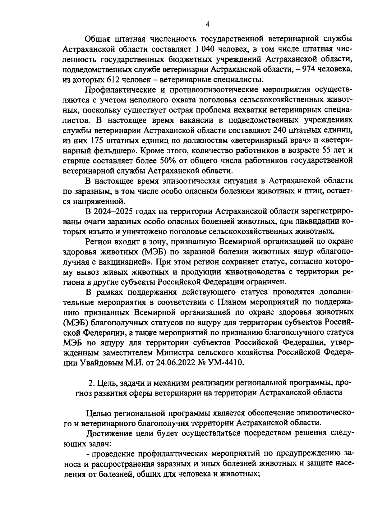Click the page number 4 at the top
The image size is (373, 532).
208,24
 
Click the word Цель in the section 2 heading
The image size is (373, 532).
106,382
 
